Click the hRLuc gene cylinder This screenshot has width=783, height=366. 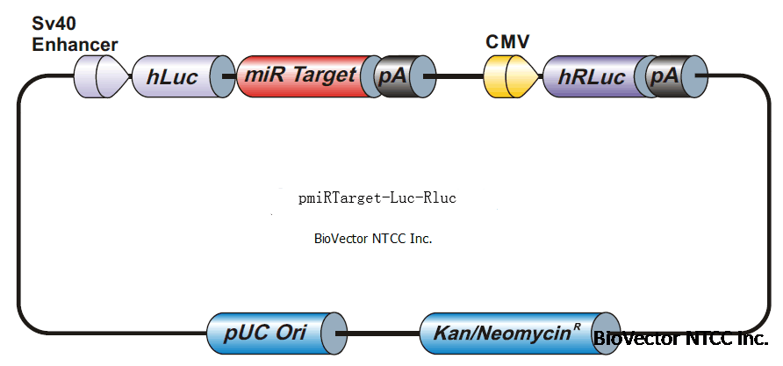pos(593,76)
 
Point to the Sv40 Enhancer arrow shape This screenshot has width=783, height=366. pos(99,76)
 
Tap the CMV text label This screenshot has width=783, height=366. pos(507,41)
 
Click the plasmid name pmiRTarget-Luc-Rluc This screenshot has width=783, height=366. pos(377,198)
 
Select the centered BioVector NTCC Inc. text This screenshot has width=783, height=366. pos(373,238)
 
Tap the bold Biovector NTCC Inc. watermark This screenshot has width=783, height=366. pos(681,339)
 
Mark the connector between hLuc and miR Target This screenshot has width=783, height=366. pos(230,76)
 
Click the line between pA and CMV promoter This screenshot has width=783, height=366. pos(459,76)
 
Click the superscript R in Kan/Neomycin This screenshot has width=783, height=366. pos(577,327)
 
